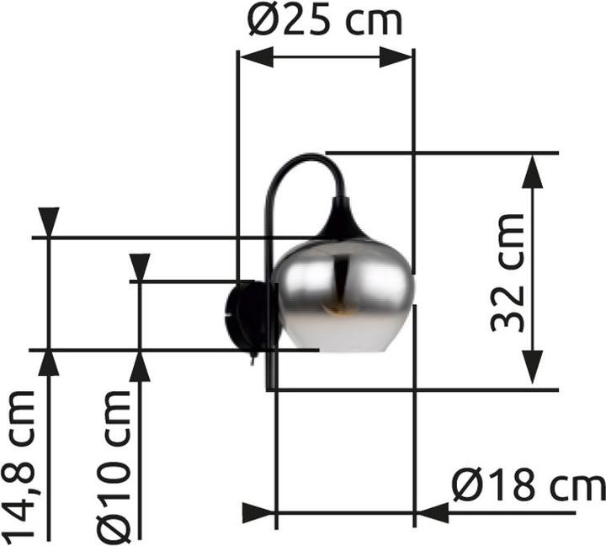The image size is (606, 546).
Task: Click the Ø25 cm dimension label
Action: (326, 21)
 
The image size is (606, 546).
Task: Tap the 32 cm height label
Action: (509, 272)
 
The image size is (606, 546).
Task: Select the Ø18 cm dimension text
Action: (528, 487)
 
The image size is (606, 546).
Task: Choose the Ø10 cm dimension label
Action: (114, 465)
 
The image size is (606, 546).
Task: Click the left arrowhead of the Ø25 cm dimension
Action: (256, 57)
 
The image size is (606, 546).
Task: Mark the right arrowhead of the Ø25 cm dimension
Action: (396, 57)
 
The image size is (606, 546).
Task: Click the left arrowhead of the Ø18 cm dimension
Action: (259, 512)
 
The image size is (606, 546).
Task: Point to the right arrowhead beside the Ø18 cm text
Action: (433, 512)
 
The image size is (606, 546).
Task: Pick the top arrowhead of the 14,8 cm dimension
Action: (49, 222)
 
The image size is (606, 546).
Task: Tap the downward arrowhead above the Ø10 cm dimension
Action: (140, 267)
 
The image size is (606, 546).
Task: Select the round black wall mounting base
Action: (246, 316)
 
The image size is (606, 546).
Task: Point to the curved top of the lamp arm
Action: (307, 158)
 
